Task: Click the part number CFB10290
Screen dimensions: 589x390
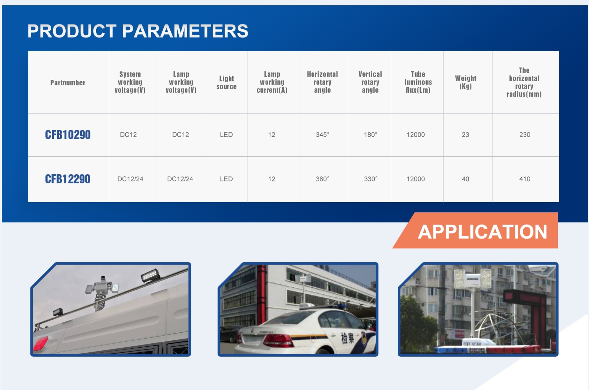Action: tap(68, 135)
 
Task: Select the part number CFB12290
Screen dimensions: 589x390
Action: tap(68, 179)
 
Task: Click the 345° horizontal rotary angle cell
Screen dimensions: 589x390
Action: tap(322, 135)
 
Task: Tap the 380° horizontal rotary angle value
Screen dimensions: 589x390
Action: tap(322, 179)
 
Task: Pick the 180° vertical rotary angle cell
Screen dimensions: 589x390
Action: tap(370, 135)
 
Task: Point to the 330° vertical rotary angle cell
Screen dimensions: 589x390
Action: tap(371, 179)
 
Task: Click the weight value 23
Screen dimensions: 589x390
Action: tap(466, 135)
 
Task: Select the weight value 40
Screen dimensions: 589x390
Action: tap(466, 179)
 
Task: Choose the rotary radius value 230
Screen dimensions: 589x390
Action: tap(525, 135)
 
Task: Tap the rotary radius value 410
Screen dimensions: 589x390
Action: tap(525, 179)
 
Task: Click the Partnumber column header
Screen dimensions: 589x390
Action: tap(68, 83)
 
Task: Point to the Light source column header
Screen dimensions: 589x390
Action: tap(226, 83)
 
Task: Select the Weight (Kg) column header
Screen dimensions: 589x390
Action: tap(466, 82)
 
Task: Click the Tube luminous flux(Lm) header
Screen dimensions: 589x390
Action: tap(418, 82)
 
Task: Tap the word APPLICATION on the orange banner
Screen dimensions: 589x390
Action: tap(483, 232)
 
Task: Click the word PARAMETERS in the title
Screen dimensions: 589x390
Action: tap(185, 31)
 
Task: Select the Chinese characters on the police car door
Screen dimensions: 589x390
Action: tap(347, 338)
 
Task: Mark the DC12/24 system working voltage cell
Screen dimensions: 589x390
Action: tap(130, 179)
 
